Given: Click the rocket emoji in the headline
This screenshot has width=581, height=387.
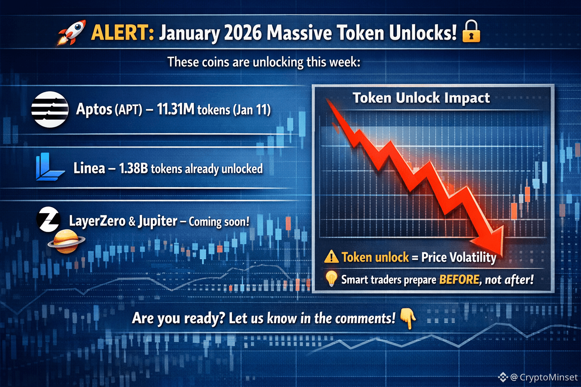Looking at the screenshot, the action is (x=72, y=33).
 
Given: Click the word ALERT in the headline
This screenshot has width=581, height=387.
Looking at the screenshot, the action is (x=123, y=33).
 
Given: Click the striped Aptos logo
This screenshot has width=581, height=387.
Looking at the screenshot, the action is (x=50, y=109).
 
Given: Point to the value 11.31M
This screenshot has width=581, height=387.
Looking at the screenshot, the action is (x=176, y=109).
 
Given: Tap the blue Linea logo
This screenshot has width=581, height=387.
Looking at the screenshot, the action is (x=50, y=167).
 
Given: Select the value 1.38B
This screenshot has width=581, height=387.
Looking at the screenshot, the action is (x=133, y=169).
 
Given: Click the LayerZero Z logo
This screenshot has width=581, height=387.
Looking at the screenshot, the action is (x=48, y=219).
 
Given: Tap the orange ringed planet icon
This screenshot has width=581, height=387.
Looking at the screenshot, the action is (x=67, y=241).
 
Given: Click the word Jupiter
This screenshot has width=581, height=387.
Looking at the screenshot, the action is (x=158, y=221).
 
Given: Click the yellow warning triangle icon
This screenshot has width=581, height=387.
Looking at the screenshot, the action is (x=331, y=257).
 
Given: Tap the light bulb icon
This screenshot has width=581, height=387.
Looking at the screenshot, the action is (x=331, y=279).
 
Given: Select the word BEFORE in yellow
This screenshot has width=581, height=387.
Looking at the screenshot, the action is (x=459, y=279).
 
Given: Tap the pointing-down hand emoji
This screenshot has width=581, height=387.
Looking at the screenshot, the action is (x=408, y=318).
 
